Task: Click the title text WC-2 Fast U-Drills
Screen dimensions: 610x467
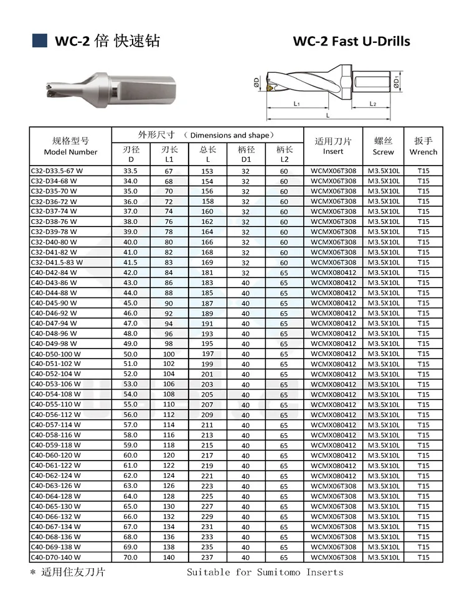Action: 351,42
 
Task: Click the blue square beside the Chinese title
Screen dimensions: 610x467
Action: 40,40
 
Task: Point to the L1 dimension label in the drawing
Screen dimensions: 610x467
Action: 297,104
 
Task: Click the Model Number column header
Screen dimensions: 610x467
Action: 70,147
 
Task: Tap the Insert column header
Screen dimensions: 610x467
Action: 333,146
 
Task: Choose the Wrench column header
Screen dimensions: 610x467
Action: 423,146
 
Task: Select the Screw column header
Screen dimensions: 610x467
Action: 383,146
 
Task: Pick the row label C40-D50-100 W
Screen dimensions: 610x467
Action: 56,354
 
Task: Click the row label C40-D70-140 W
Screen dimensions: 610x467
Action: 56,557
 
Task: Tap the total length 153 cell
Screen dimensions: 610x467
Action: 207,171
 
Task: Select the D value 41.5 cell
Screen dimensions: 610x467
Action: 130,263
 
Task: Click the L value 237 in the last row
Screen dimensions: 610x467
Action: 207,557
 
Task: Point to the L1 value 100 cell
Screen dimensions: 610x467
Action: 169,354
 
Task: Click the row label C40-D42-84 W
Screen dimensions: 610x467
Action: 54,273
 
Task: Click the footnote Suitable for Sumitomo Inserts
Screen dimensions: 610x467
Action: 265,572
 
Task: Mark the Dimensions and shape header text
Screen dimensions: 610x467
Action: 230,135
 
